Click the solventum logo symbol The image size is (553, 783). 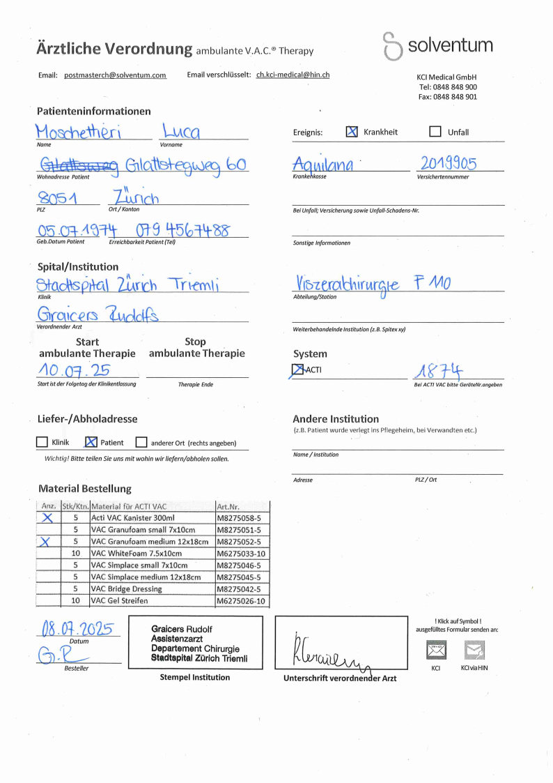393,47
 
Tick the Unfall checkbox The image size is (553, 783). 435,131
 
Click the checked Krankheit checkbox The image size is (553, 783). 352,131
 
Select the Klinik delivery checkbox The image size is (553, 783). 42,442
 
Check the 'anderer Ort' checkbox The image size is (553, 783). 141,442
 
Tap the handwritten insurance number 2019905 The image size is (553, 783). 449,164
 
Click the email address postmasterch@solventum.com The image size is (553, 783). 115,75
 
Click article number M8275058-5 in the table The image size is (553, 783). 240,518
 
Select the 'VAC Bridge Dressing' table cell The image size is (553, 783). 126,588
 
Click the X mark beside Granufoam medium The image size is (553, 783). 47,542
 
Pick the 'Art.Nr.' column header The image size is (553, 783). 228,506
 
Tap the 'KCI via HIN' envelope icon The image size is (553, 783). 474,651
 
